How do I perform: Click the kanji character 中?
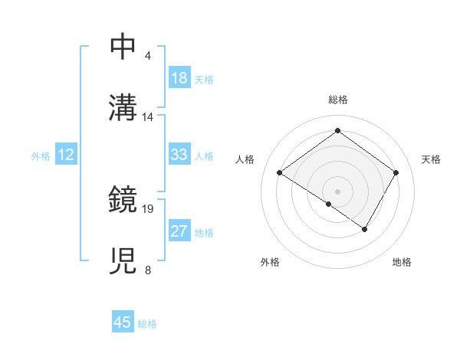coord(123,46)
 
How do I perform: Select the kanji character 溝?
coord(123,108)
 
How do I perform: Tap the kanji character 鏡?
coord(123,201)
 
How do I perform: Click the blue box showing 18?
coord(179,78)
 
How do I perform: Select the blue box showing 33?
coord(179,155)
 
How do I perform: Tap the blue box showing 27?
coord(179,231)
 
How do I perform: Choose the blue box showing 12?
coord(66,155)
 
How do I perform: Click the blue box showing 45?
coord(123,322)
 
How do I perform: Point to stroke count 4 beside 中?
coord(148,56)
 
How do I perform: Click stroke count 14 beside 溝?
coord(148,117)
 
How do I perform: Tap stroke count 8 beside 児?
coord(148,270)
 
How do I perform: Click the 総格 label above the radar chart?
coord(337,100)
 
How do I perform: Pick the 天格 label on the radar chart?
coord(431,159)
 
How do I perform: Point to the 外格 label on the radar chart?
coord(269,262)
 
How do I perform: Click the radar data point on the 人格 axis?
coord(280,173)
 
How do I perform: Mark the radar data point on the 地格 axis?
coord(365,229)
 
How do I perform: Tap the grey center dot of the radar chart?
coord(337,191)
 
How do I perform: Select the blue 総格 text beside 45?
coord(147,323)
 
